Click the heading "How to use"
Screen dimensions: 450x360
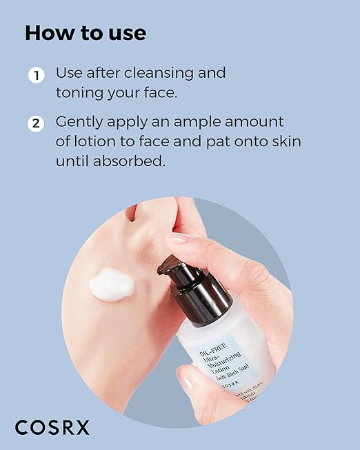(x=86, y=33)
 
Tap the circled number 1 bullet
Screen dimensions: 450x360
(x=36, y=75)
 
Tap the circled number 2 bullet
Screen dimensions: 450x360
(x=36, y=124)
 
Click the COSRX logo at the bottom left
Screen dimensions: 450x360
(x=52, y=427)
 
